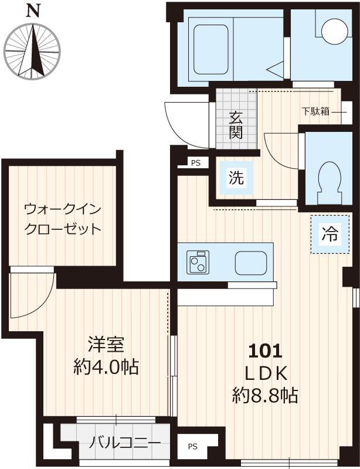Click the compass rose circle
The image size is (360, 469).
pyautogui.click(x=33, y=51)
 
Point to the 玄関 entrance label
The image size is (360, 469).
pyautogui.click(x=235, y=125)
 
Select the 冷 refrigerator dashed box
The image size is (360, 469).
pyautogui.click(x=328, y=235)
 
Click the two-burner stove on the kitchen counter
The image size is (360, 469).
pyautogui.click(x=198, y=262)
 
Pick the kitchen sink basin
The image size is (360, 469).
pyautogui.click(x=251, y=263)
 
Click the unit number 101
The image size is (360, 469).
pyautogui.click(x=266, y=352)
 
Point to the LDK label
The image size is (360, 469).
pyautogui.click(x=266, y=374)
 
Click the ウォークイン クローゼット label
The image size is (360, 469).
pyautogui.click(x=63, y=218)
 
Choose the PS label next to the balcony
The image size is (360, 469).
pyautogui.click(x=193, y=447)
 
